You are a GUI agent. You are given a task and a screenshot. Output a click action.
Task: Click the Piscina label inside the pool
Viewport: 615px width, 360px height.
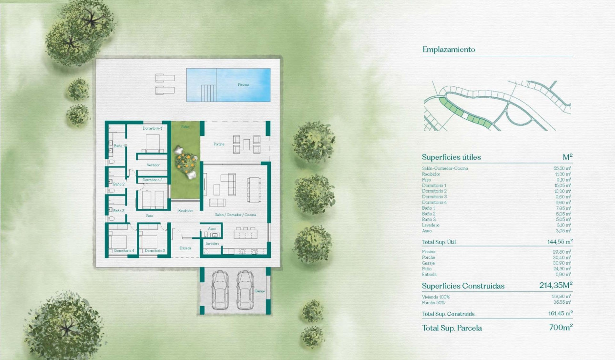click(243, 84)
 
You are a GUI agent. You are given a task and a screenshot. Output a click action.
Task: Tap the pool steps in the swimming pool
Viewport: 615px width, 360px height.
click(207, 92)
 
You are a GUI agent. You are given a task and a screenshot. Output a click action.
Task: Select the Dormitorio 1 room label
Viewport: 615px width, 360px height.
click(153, 128)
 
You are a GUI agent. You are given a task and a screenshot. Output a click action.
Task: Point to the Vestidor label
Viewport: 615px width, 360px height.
click(153, 165)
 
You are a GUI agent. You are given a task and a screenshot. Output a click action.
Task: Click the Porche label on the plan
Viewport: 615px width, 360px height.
click(219, 144)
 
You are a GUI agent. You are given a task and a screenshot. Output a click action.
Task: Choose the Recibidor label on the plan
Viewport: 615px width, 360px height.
click(185, 210)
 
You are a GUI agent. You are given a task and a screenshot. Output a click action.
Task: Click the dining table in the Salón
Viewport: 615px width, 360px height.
click(254, 189)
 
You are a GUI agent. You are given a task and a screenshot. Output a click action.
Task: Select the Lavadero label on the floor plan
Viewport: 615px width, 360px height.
click(212, 244)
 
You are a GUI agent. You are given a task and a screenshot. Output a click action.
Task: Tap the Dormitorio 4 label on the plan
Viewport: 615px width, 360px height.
click(124, 250)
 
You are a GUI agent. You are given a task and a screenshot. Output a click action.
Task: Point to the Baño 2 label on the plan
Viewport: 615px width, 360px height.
click(119, 184)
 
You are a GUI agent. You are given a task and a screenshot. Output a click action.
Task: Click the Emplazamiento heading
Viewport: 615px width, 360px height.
click(449, 49)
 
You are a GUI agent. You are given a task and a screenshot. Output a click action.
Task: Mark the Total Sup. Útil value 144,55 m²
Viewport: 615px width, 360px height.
click(560, 242)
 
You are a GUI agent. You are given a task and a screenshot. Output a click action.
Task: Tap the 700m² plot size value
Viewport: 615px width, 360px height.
click(561, 328)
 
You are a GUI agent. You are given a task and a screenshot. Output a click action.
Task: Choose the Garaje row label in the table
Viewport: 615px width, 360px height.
click(429, 263)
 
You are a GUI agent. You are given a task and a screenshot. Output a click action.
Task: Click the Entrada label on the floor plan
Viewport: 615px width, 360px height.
click(185, 248)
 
